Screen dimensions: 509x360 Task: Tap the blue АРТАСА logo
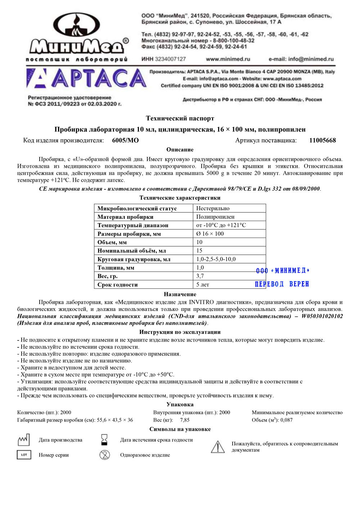click(x=86, y=78)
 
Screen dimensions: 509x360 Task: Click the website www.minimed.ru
click(x=228, y=59)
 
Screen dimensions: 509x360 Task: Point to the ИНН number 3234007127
click(x=170, y=59)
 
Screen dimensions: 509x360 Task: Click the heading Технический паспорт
click(x=180, y=118)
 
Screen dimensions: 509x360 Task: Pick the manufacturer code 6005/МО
click(x=125, y=140)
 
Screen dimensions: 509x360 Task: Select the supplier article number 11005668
click(x=323, y=140)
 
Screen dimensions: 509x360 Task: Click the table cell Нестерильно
click(x=213, y=208)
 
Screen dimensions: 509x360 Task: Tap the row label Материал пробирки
click(x=125, y=217)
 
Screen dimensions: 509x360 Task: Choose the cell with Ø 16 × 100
click(x=210, y=234)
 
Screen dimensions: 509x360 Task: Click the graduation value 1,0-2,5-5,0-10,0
click(x=216, y=259)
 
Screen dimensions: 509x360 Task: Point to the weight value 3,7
click(x=200, y=276)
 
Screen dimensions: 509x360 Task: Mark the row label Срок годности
click(x=117, y=285)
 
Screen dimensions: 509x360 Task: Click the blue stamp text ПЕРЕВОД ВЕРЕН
click(x=282, y=284)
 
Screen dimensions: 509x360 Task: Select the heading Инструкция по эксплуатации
click(x=180, y=332)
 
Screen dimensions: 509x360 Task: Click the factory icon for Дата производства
click(x=24, y=440)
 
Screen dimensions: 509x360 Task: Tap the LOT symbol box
click(x=24, y=455)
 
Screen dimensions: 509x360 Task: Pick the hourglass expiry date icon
click(x=104, y=440)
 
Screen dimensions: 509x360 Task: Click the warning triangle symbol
click(x=217, y=447)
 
